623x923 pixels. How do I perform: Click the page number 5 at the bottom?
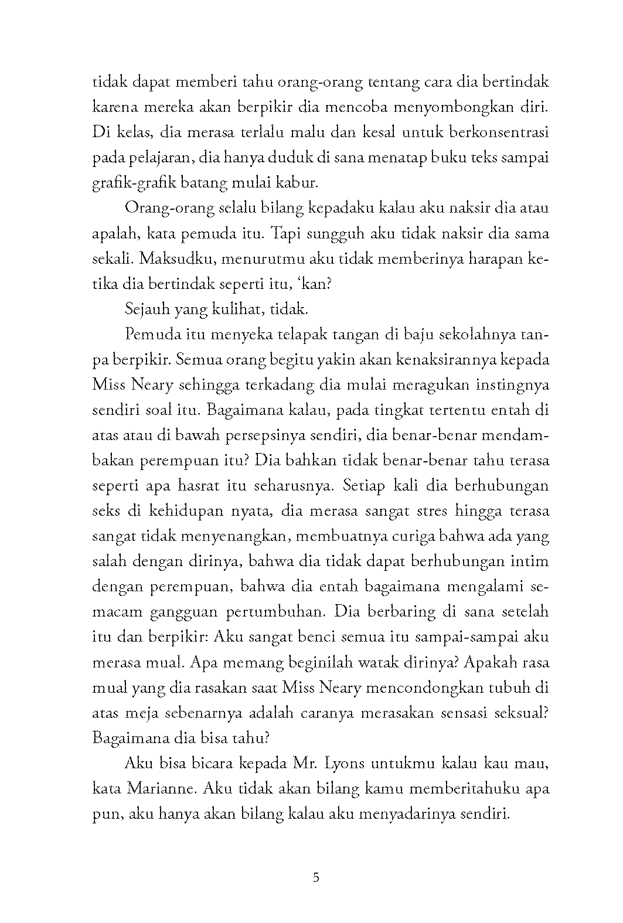(x=316, y=878)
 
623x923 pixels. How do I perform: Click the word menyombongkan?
(x=445, y=108)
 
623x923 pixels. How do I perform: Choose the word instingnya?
(x=509, y=385)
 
